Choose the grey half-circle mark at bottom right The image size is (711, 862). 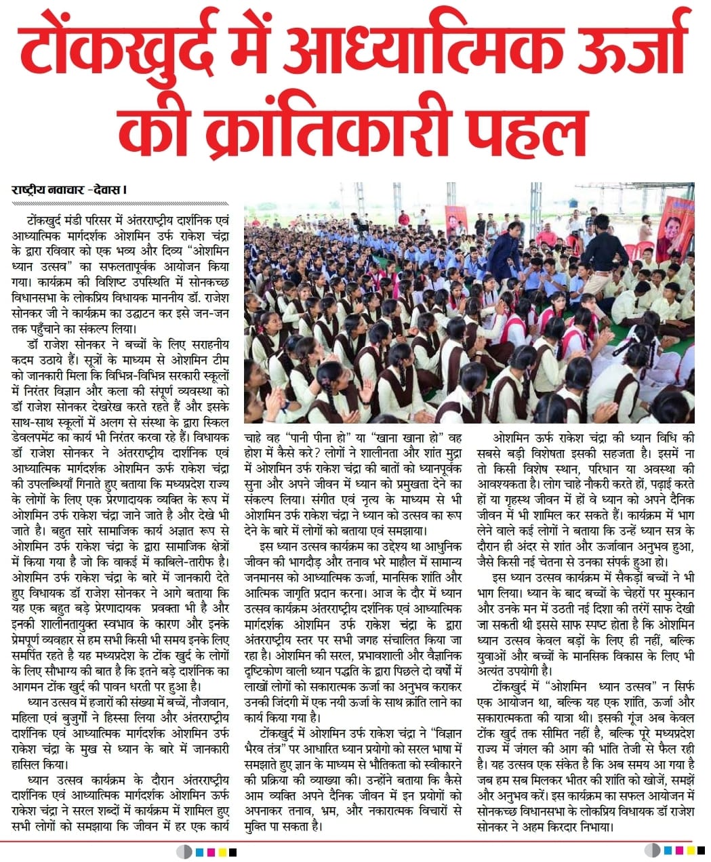652,850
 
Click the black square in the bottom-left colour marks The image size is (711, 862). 232,850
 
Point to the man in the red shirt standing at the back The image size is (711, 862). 404,218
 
